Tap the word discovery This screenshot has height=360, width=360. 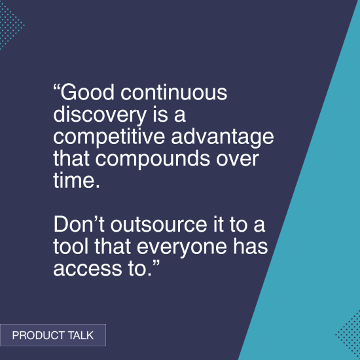[x=97, y=115]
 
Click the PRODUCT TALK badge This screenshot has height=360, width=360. [x=53, y=335]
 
